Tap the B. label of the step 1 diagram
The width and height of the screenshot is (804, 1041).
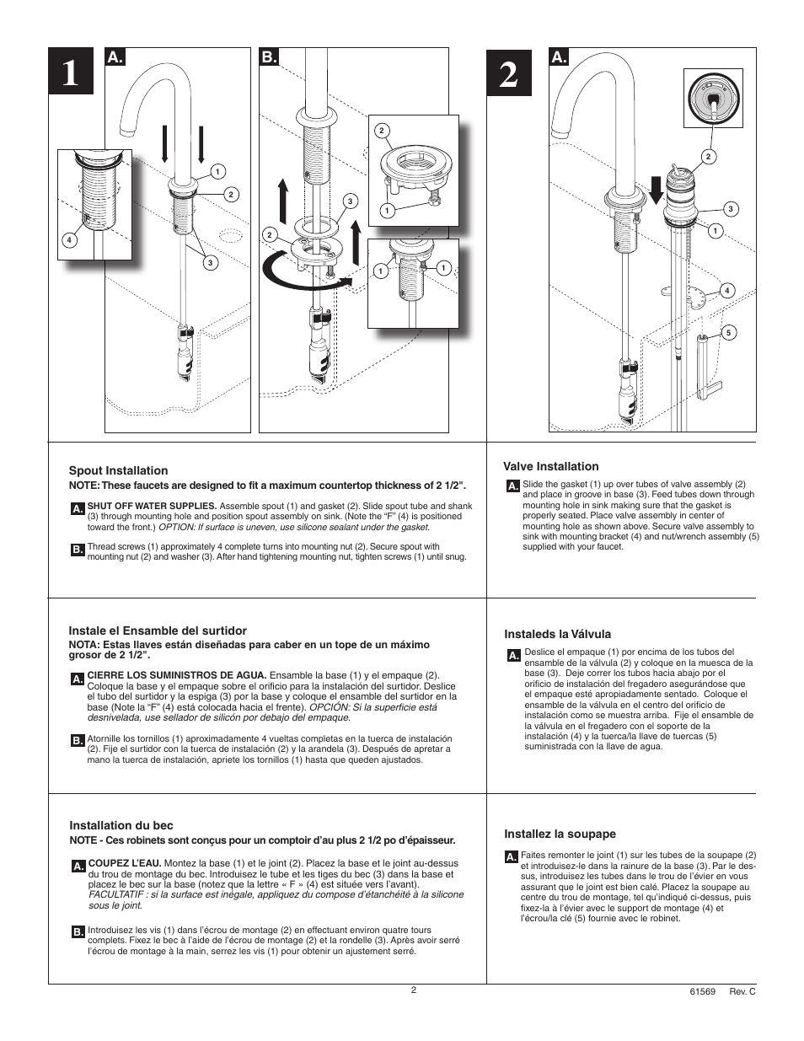269,58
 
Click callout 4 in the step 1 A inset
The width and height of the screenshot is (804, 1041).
70,239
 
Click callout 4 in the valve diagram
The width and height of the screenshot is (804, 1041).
726,291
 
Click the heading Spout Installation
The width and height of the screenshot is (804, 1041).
118,470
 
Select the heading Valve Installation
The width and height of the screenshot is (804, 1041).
551,466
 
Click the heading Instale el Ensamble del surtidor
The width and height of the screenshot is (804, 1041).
158,631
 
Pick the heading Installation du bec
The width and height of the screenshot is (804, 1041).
121,825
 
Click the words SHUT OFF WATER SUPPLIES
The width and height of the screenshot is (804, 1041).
153,506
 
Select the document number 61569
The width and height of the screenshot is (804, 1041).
702,992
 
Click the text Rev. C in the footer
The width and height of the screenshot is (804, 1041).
742,992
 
